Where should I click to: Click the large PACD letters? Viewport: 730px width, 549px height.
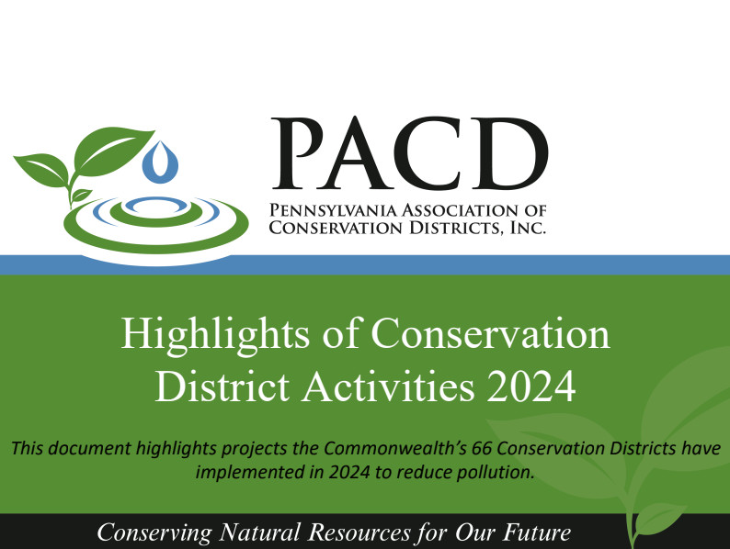point(408,153)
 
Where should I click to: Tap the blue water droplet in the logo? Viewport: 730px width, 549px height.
point(166,162)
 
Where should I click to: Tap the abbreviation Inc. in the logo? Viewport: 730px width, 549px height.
point(528,227)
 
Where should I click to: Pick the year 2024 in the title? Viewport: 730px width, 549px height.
point(531,386)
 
